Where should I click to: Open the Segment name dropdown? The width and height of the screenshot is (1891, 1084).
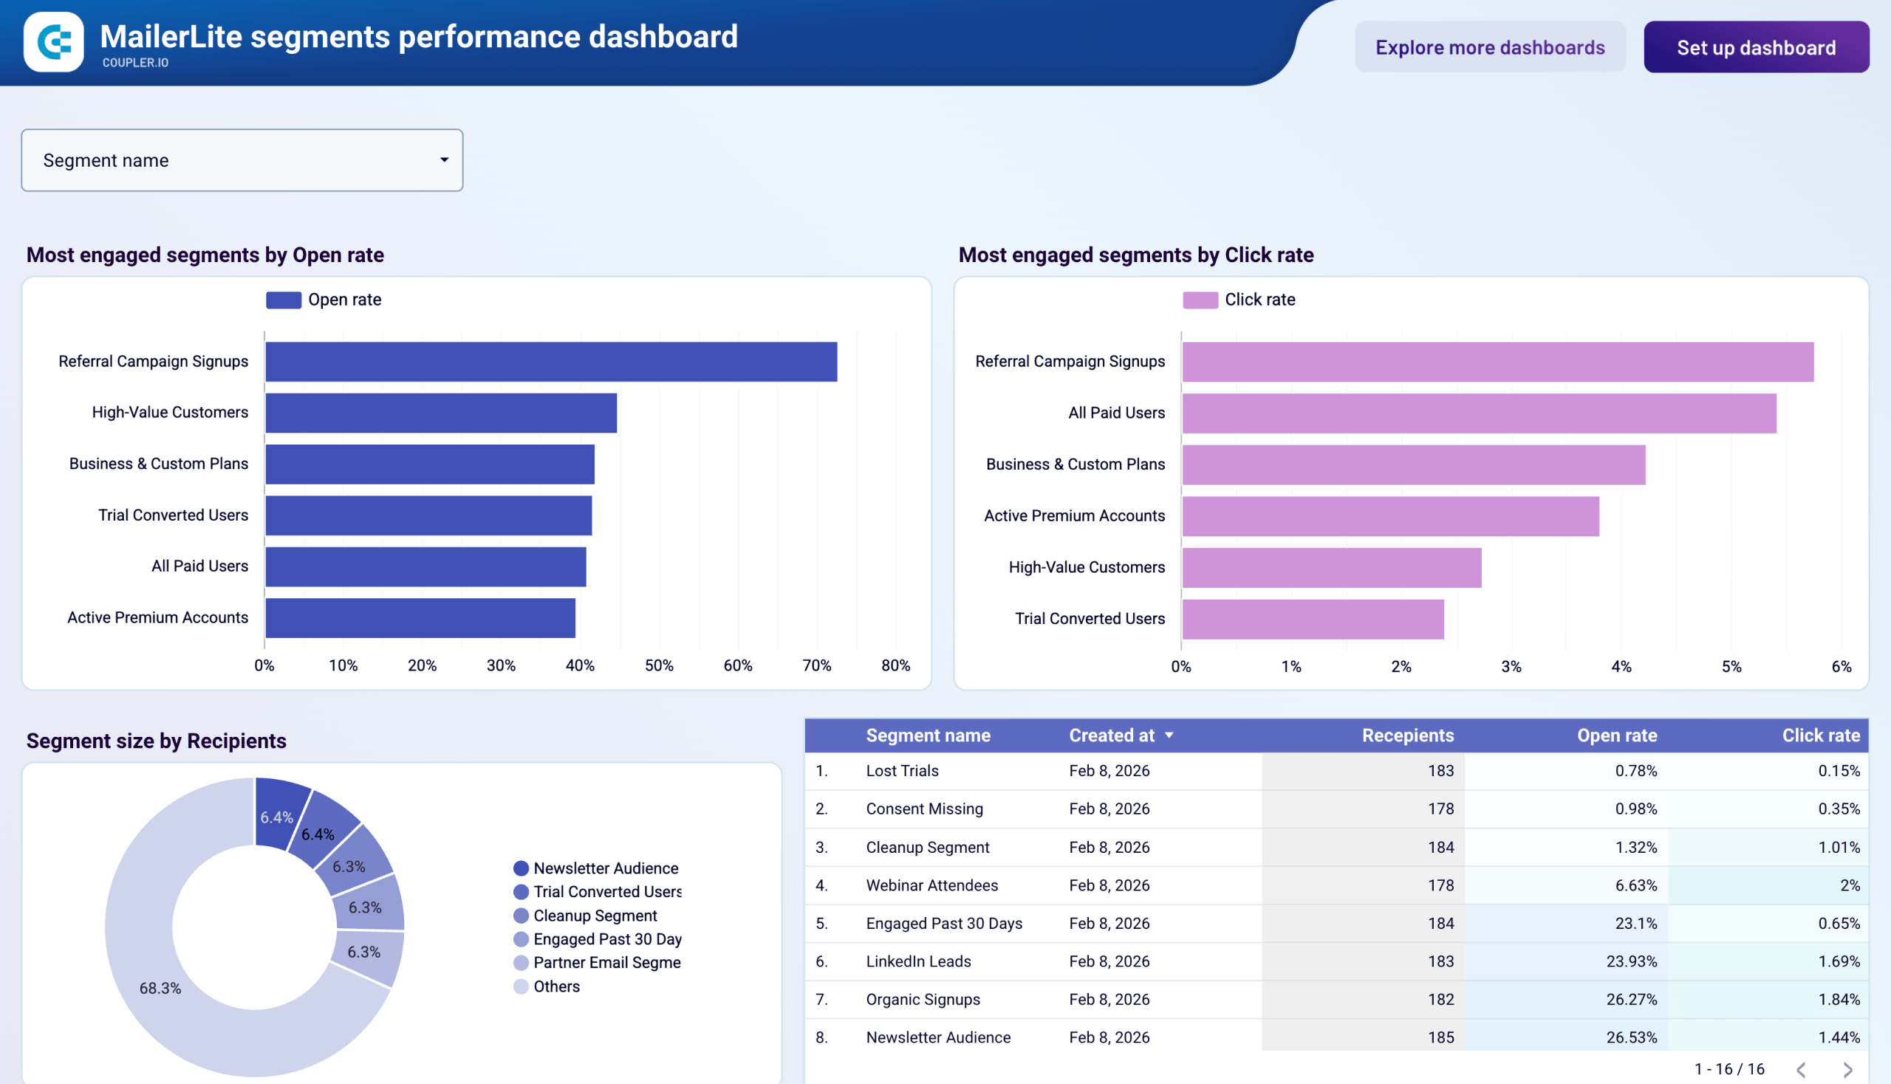(x=242, y=160)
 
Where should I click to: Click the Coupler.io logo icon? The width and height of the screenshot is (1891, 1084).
(x=54, y=41)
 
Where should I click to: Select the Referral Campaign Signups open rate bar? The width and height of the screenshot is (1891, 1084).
(x=550, y=362)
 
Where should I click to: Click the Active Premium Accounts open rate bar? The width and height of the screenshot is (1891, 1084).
(x=420, y=618)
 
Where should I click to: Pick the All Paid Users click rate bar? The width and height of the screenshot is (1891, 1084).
(x=1478, y=414)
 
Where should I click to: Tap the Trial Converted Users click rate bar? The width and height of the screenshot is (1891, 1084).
(x=1313, y=620)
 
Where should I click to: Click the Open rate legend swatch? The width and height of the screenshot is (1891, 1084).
(x=283, y=300)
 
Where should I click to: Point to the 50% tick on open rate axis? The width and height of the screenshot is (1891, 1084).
(x=658, y=665)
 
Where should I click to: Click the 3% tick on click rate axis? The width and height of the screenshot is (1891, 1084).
(x=1511, y=667)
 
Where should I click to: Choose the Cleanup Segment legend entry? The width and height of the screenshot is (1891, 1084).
(x=595, y=916)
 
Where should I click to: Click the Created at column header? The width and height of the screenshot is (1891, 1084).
(x=1111, y=735)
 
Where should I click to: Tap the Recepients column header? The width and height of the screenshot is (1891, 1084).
(x=1407, y=735)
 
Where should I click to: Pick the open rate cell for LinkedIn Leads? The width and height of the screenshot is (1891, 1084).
(x=1630, y=961)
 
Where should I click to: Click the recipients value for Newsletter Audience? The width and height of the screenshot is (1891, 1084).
(x=1440, y=1037)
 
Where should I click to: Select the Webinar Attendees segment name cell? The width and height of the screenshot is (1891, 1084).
(x=931, y=885)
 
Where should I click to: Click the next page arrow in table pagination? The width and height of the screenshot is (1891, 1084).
(x=1847, y=1070)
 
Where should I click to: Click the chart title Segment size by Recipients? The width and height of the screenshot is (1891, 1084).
(x=157, y=741)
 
